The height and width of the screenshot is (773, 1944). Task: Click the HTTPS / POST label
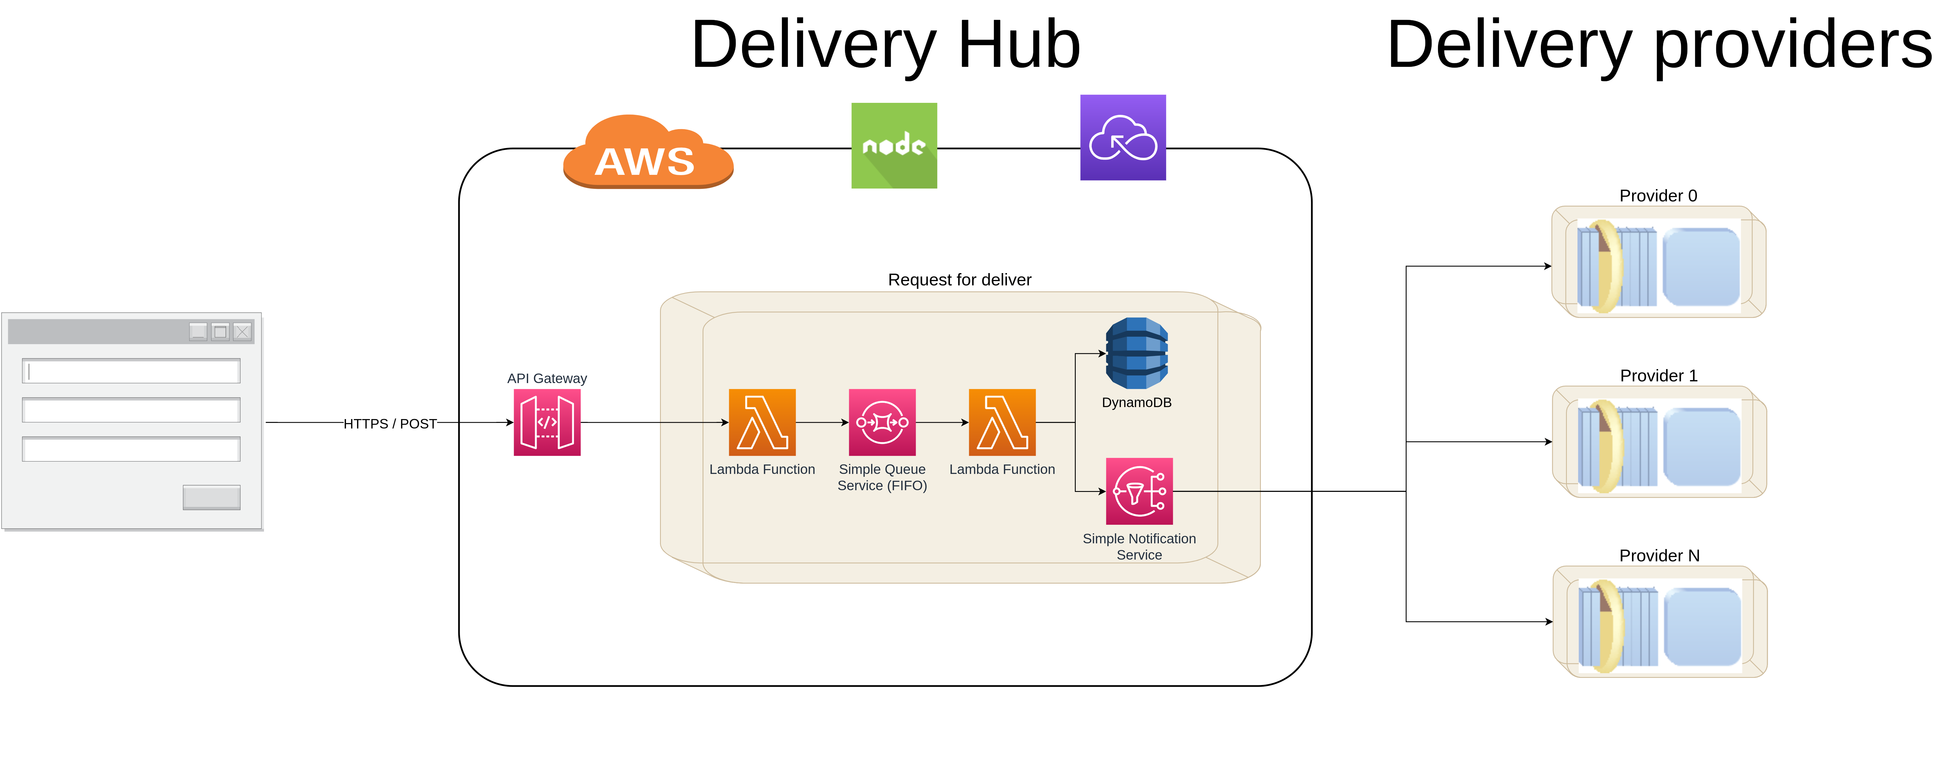click(390, 423)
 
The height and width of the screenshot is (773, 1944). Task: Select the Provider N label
click(1659, 556)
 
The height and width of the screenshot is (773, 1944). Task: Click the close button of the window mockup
click(242, 331)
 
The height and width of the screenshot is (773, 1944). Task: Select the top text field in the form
click(131, 371)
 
